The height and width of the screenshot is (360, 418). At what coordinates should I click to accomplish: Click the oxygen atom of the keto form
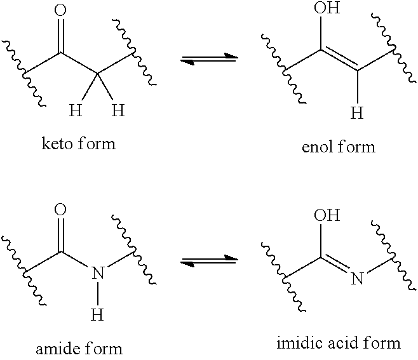[x=60, y=10]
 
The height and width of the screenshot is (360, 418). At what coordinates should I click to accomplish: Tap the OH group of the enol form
[x=327, y=7]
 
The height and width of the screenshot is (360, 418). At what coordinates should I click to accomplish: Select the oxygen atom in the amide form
[x=60, y=209]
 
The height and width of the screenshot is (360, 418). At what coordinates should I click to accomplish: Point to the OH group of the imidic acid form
[x=327, y=215]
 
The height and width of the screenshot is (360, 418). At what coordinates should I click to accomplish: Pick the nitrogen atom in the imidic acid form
[x=357, y=278]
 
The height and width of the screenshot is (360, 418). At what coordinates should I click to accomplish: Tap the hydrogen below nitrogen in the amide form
[x=97, y=314]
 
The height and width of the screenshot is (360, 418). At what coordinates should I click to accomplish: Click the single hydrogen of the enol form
[x=357, y=112]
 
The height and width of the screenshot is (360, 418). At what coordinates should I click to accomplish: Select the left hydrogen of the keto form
[x=76, y=110]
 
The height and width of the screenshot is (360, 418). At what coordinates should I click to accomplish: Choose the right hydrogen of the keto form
[x=118, y=110]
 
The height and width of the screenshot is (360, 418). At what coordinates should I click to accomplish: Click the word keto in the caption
[x=57, y=143]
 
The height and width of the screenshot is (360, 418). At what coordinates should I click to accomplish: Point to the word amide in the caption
[x=55, y=349]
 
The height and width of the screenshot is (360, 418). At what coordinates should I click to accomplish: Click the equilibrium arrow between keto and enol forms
[x=209, y=58]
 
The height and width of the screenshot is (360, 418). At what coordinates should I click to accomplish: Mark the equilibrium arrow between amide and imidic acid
[x=209, y=260]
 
